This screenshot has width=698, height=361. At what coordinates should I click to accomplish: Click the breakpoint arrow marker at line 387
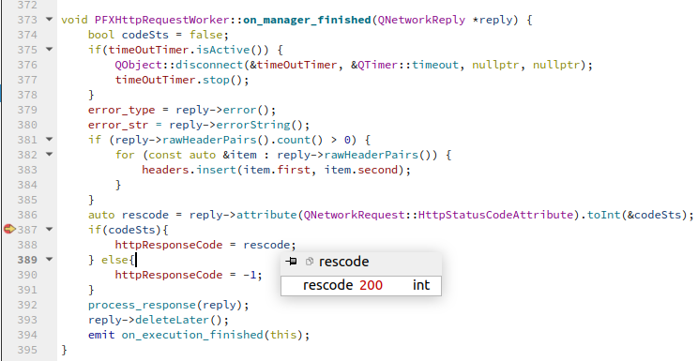9,229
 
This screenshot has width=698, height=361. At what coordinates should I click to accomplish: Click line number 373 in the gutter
27,20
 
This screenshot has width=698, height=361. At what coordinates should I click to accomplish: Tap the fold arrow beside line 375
49,50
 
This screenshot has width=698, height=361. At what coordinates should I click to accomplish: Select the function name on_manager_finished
307,20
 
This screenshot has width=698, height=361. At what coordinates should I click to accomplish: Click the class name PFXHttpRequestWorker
162,20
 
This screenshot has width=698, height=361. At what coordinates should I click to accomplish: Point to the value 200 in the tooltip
371,285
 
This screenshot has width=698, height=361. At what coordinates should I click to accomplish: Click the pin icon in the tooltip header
291,262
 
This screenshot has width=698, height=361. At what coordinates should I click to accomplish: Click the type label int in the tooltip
421,285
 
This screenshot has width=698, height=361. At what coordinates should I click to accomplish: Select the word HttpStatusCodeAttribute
495,215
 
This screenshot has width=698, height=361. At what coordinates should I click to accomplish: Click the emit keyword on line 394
101,335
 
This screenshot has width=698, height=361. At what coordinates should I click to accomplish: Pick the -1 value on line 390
250,275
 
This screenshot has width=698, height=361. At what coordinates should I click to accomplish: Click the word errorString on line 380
253,125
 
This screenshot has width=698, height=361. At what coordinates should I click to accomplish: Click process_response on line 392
143,305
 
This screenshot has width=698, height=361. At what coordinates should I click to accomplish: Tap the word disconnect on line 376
209,65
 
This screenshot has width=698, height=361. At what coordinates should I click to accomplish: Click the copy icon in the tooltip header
310,262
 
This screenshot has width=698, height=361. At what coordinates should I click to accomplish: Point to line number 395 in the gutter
27,350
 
